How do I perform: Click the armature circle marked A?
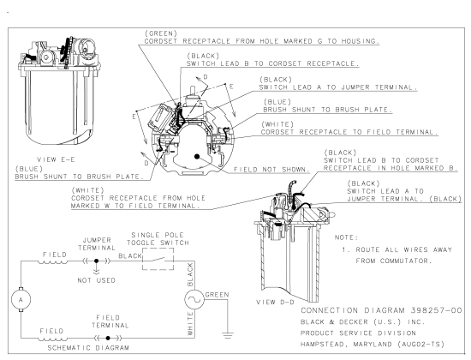click(x=21, y=299)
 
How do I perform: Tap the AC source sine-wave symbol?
click(x=194, y=299)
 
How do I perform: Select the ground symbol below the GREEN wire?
click(x=228, y=335)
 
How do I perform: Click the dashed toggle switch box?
click(x=158, y=259)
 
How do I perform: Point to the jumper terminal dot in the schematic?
click(x=96, y=261)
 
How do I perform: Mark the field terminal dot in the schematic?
click(x=108, y=338)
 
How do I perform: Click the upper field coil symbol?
click(x=53, y=262)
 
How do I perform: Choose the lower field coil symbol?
click(x=53, y=339)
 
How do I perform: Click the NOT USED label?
click(x=96, y=280)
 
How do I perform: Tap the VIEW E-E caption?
click(x=56, y=159)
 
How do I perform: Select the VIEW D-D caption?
click(x=275, y=302)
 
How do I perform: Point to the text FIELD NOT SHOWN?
click(x=271, y=170)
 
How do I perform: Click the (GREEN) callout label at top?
click(x=161, y=33)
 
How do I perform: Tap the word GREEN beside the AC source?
click(x=217, y=295)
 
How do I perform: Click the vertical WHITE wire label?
click(x=190, y=324)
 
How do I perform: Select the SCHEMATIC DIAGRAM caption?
click(x=88, y=348)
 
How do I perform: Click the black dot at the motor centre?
click(x=197, y=156)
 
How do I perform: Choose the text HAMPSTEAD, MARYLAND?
click(x=346, y=344)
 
